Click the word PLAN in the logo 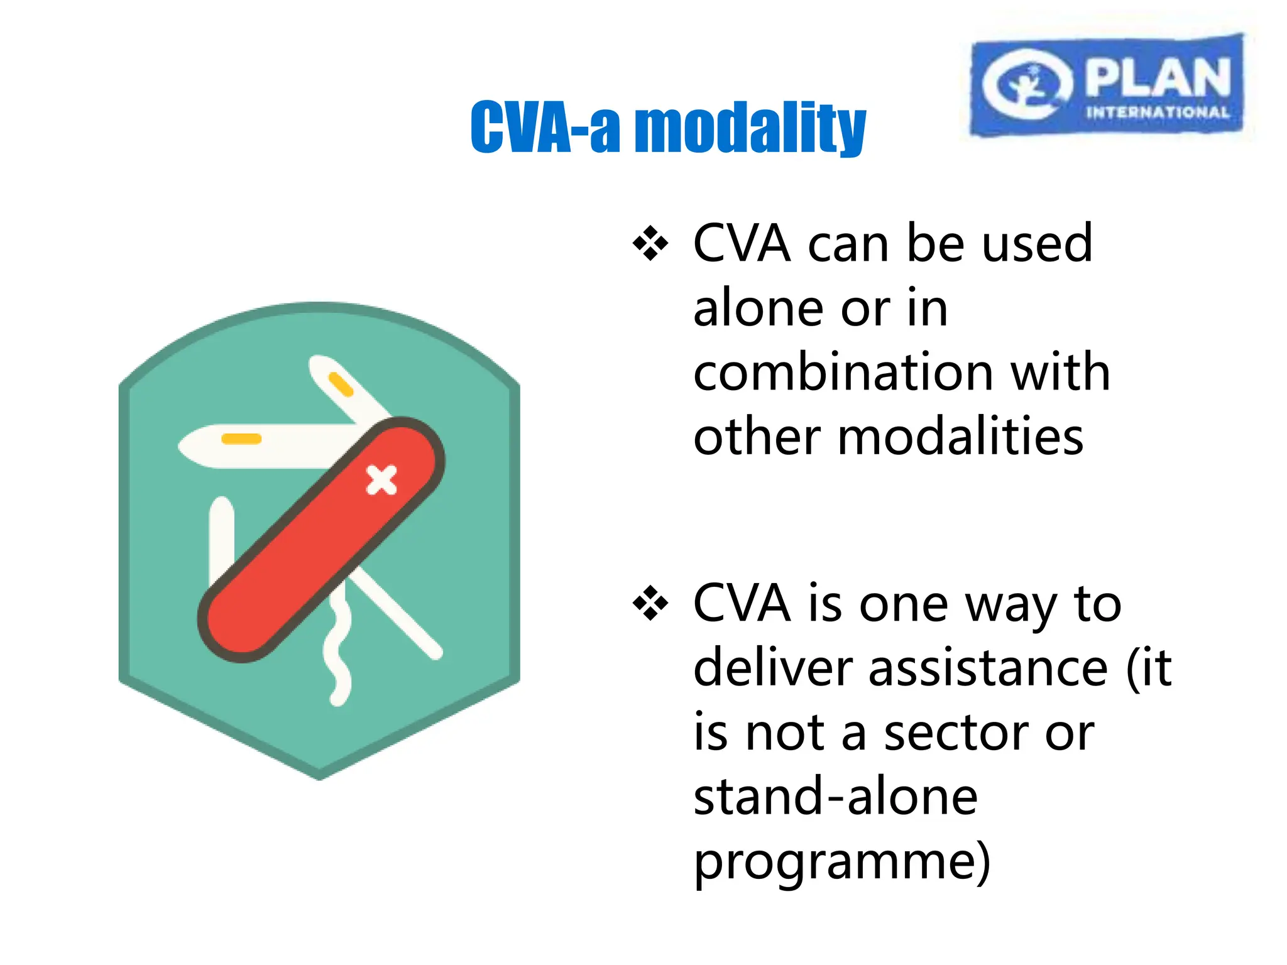1158,77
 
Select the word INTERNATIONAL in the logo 1158,113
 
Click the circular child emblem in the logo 1026,85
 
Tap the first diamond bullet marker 650,243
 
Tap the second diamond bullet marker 650,604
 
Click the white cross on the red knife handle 381,481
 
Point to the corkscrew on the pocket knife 338,653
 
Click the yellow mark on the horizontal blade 241,439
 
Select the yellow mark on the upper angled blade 341,384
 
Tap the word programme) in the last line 842,862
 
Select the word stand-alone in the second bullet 835,797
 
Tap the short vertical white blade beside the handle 221,534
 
